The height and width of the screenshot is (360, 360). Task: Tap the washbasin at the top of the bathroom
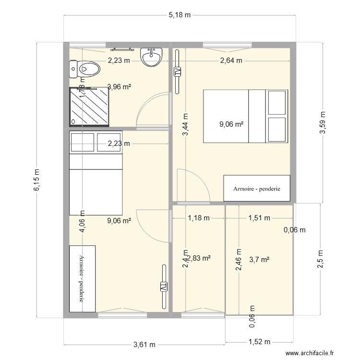[151, 57]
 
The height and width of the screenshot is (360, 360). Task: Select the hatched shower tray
[89, 107]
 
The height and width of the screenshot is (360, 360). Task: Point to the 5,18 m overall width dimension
[179, 15]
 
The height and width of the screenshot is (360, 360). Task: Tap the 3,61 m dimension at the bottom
[144, 344]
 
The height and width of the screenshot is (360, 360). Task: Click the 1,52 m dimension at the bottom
[260, 342]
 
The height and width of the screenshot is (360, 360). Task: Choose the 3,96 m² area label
[120, 87]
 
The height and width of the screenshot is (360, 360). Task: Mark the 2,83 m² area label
[200, 258]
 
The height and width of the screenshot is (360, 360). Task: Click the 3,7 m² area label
[259, 260]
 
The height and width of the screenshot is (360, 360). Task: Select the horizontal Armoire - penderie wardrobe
[257, 189]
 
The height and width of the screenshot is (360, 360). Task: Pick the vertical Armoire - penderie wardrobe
[82, 278]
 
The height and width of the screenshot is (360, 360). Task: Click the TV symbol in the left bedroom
[163, 287]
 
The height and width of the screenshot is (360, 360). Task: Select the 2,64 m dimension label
[231, 60]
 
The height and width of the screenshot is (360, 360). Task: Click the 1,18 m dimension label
[199, 218]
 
